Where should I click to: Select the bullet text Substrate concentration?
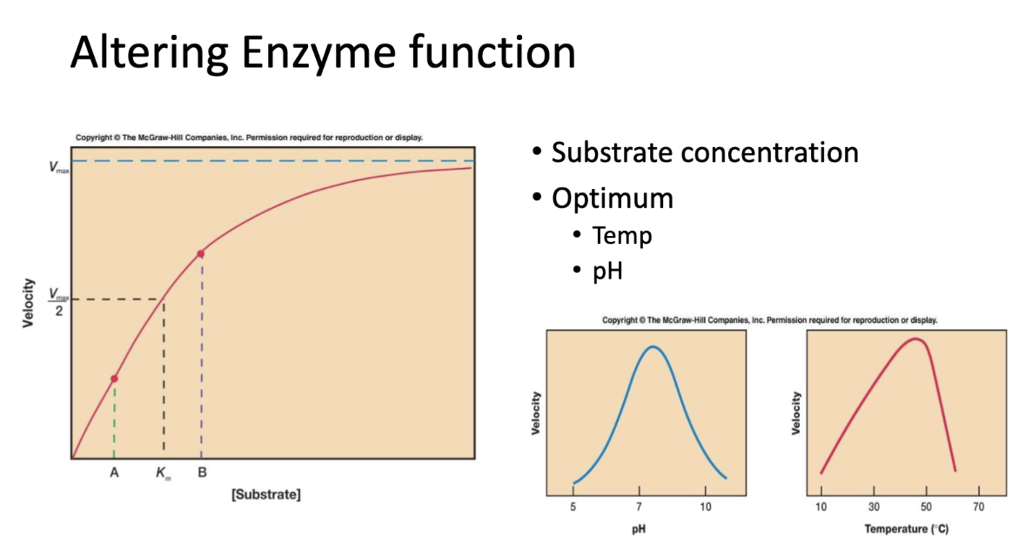click(705, 152)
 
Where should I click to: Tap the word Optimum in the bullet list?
click(613, 198)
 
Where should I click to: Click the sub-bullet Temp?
click(622, 235)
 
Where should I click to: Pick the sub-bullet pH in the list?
click(607, 272)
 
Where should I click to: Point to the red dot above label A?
click(114, 379)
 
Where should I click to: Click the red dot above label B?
click(201, 253)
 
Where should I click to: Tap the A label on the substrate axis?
click(114, 473)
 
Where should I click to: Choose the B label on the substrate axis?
click(202, 473)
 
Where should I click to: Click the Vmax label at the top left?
click(58, 166)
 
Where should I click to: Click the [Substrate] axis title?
click(266, 495)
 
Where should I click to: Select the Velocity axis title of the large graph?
click(29, 302)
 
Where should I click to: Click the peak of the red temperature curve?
click(915, 339)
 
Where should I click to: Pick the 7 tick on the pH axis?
click(640, 508)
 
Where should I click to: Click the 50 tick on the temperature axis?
click(926, 508)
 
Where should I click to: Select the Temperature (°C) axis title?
click(907, 529)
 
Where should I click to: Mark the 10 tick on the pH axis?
click(706, 508)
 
